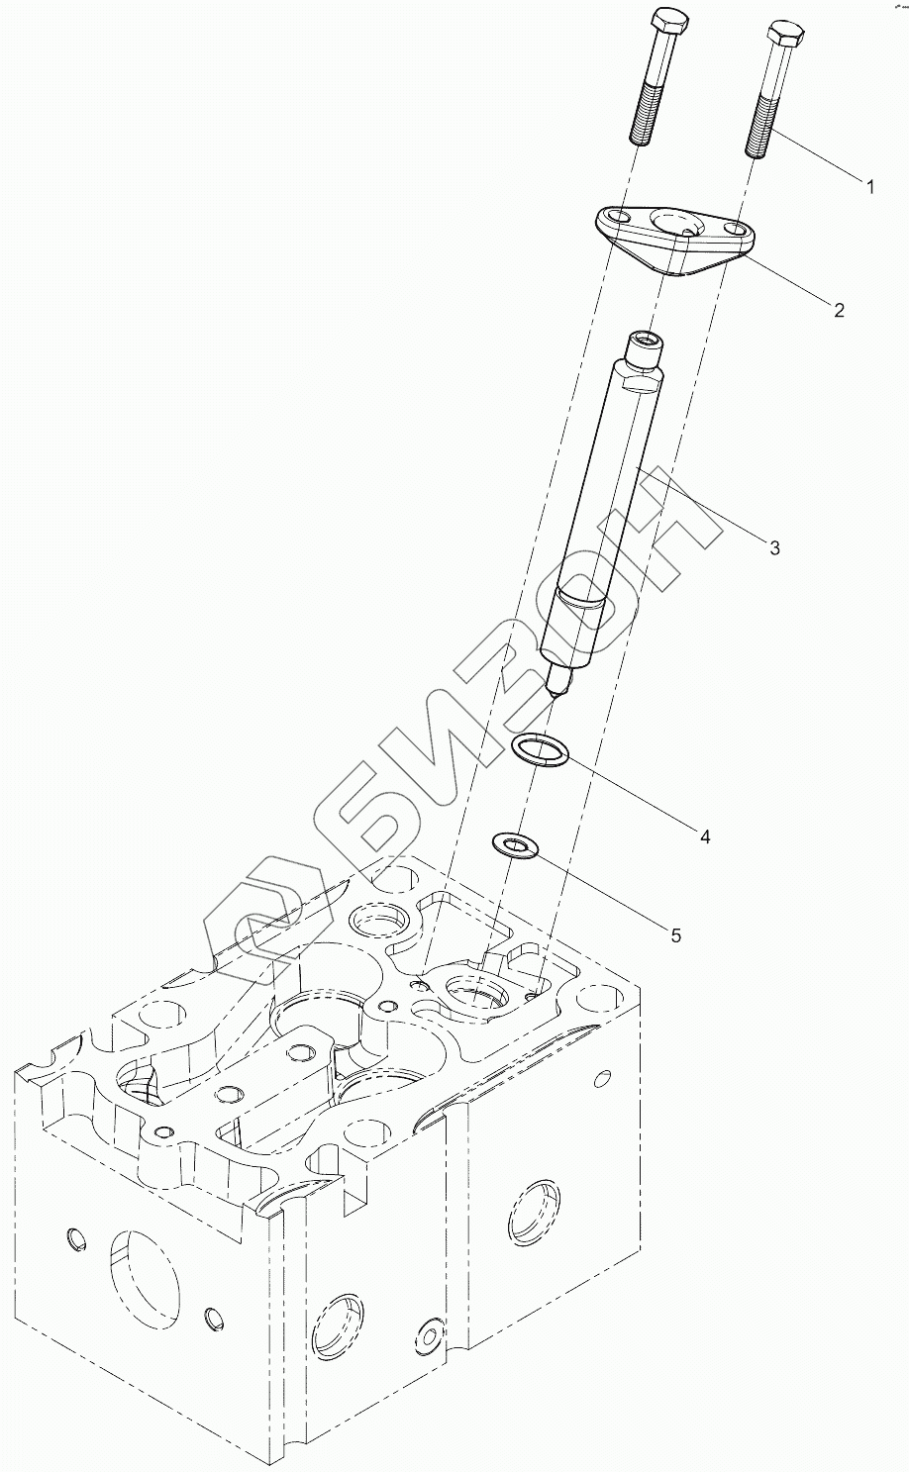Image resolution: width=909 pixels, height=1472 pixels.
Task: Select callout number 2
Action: tap(839, 311)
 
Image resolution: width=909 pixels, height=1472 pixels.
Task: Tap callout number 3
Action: tap(774, 547)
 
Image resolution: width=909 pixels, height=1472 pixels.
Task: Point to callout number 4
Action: tap(705, 836)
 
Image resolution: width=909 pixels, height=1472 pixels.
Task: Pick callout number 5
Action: tap(675, 934)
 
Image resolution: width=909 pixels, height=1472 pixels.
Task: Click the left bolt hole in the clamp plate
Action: tap(615, 218)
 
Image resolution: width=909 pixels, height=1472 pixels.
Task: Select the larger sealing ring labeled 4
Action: tap(541, 750)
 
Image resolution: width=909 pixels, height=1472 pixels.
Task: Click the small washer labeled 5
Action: tap(514, 845)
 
